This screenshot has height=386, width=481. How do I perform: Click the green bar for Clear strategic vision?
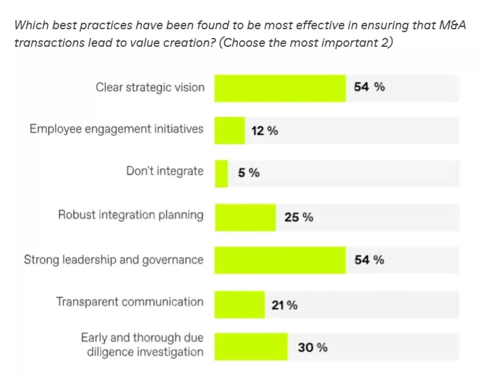coord(280,88)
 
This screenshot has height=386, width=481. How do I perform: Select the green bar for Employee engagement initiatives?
coord(229,131)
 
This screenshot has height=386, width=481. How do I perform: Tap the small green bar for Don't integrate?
coord(221,174)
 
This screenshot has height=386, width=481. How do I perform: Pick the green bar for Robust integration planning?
coord(245,217)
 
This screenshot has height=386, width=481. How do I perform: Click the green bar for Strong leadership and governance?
coord(280,260)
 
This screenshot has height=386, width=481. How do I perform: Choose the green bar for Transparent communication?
coord(239,305)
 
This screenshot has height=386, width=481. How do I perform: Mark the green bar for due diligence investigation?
coord(251,347)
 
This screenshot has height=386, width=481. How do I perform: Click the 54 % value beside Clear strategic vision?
coord(369,87)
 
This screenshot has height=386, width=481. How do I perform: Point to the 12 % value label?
coord(265,131)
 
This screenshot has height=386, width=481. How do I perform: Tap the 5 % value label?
coord(249,173)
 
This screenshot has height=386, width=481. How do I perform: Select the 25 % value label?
coord(299,217)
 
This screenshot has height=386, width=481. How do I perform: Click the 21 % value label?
coord(284,305)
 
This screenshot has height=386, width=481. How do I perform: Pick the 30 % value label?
coord(312,348)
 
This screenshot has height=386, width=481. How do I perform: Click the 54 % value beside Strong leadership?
coord(369,260)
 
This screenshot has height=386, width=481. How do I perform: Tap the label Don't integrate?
coord(165,171)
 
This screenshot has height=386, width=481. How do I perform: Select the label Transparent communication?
coord(130,302)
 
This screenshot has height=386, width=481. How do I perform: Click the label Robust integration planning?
coord(131,215)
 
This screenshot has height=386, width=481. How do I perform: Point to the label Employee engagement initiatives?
coord(116,129)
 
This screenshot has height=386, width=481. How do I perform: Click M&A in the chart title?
coord(453,25)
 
